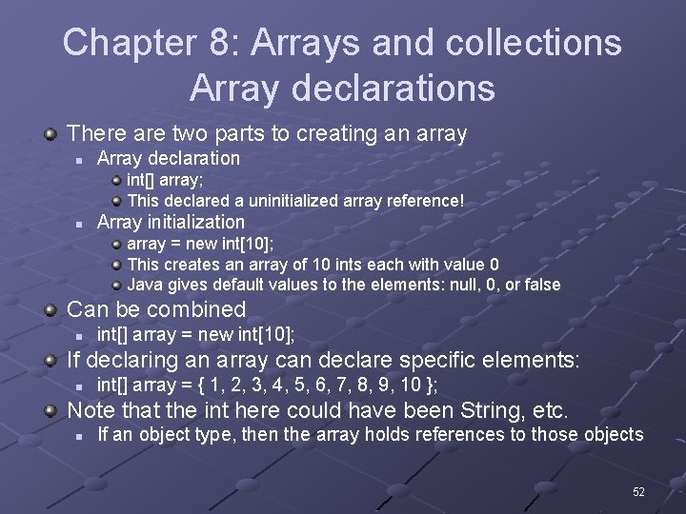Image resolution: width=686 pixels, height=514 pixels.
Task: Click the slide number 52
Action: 638,492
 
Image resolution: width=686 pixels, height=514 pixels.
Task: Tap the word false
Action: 538,284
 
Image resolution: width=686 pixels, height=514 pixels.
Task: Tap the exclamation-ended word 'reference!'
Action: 423,201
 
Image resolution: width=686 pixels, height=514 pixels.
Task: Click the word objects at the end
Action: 613,434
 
